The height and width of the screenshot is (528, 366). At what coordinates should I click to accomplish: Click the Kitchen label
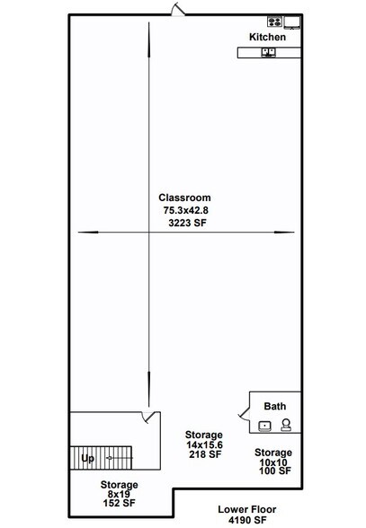(267, 37)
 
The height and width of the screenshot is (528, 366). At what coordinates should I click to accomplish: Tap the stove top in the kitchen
(274, 22)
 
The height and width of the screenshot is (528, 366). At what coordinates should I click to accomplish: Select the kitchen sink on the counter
(269, 52)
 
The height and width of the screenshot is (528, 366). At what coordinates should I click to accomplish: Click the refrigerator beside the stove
(291, 22)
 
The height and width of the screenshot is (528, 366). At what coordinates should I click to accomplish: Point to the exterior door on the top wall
(178, 9)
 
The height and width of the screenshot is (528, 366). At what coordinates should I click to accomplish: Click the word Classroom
(184, 198)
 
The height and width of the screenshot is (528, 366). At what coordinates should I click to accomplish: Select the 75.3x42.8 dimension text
(186, 210)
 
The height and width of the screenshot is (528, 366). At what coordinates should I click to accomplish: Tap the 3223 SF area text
(187, 223)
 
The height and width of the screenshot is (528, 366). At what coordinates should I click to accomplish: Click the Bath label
(275, 406)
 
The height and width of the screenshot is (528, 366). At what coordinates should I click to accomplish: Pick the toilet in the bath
(286, 425)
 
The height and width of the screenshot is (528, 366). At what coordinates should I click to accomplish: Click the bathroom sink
(264, 427)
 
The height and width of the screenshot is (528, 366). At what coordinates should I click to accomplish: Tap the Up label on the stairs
(88, 458)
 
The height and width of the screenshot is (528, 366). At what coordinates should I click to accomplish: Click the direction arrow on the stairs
(120, 458)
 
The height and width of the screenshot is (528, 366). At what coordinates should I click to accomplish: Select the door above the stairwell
(150, 417)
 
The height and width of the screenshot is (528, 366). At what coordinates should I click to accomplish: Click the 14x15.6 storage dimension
(204, 444)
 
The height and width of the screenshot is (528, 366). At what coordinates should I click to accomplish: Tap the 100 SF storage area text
(275, 471)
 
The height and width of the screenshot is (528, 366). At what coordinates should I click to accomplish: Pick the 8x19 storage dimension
(119, 494)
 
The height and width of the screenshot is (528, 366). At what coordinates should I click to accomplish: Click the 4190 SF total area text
(247, 520)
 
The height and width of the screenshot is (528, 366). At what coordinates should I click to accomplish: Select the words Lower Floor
(247, 509)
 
